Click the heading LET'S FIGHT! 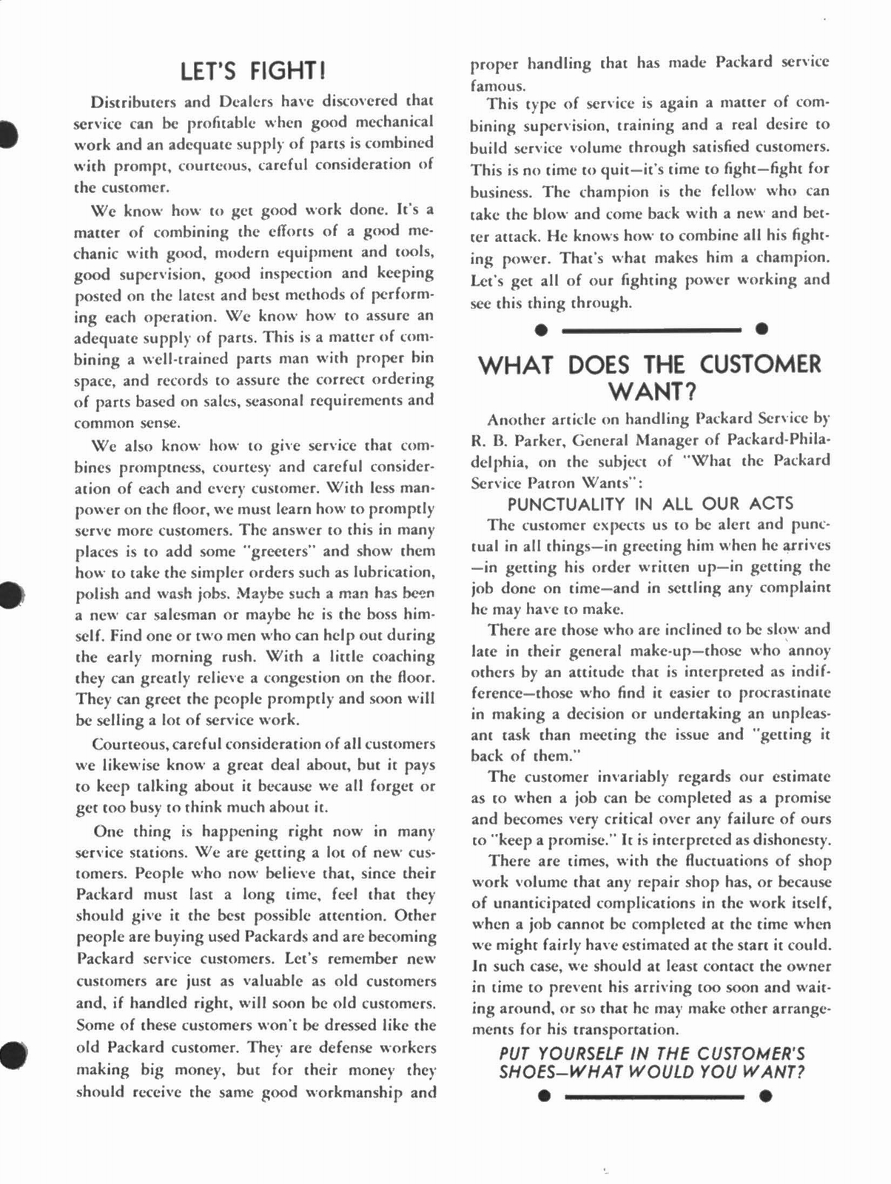click(x=253, y=71)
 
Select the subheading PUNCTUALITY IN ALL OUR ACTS click(x=650, y=504)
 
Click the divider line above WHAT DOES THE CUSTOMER click(x=651, y=329)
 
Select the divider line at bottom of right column click(x=653, y=1096)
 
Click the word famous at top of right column click(x=497, y=85)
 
